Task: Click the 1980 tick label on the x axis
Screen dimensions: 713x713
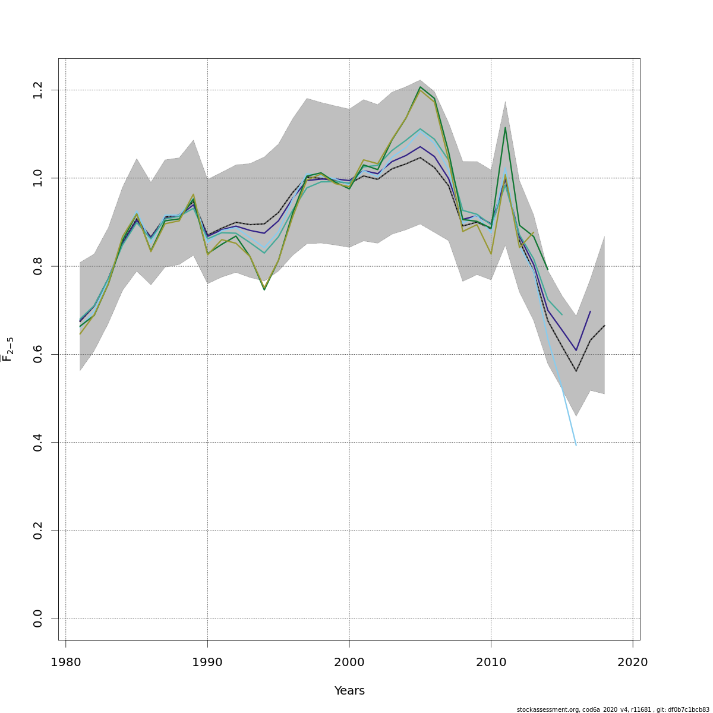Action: pos(65,662)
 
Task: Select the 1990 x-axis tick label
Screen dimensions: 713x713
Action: pos(207,662)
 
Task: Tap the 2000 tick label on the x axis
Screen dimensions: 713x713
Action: pos(349,662)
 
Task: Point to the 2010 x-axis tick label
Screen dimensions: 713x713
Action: pos(491,662)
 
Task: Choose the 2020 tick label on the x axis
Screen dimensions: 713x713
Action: pos(632,662)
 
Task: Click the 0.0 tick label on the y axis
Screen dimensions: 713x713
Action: pos(38,619)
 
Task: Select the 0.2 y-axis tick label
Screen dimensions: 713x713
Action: pos(38,531)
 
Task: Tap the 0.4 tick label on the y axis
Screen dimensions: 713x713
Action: pos(38,443)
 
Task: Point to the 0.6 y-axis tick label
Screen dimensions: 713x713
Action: pos(38,354)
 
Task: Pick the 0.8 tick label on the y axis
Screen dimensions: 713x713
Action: pos(38,266)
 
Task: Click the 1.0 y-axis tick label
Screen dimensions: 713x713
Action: pos(38,178)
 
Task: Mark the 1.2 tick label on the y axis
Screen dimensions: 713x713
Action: pos(38,90)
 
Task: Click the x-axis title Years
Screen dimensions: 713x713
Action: pos(349,691)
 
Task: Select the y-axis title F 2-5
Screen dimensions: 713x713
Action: pos(8,349)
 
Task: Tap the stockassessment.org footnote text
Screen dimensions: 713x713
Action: pos(613,709)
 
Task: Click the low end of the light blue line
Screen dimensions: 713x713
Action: pos(576,445)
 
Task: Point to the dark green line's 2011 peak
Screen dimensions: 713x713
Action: pos(505,127)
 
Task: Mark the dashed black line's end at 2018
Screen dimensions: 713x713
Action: pos(604,326)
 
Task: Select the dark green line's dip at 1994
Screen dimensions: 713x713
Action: pos(264,289)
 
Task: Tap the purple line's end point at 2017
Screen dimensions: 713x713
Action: pos(590,311)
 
